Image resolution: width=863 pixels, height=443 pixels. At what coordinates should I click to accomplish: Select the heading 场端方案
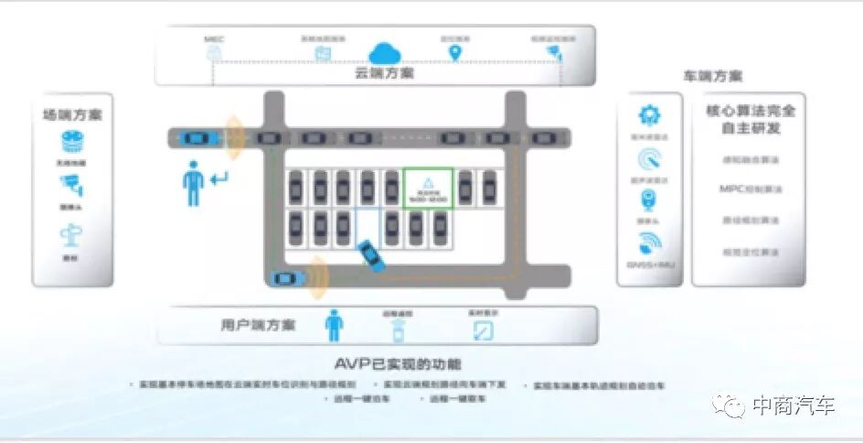pyautogui.click(x=72, y=115)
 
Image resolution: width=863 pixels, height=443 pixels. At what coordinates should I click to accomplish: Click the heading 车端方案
pyautogui.click(x=712, y=77)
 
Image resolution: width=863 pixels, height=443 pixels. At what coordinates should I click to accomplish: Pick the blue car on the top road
pyautogui.click(x=195, y=138)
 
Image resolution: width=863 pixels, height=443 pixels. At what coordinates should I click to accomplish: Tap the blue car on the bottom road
pyautogui.click(x=286, y=278)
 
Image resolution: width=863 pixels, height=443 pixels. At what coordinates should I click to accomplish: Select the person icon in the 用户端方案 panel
pyautogui.click(x=335, y=324)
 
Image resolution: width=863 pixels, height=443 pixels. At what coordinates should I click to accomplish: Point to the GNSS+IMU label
pyautogui.click(x=650, y=266)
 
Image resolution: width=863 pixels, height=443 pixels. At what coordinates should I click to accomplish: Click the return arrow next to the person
pyautogui.click(x=219, y=177)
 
